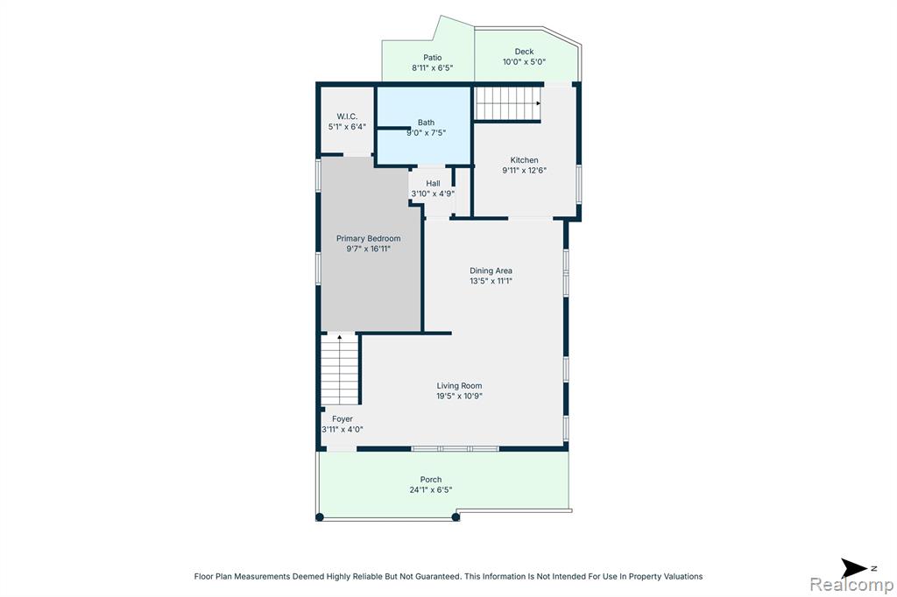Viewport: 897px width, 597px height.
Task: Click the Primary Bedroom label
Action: pos(369,238)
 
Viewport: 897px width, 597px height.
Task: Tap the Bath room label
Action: pos(427,123)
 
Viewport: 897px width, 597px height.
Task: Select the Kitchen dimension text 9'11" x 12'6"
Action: pos(525,171)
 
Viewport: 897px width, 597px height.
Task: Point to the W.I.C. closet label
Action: pos(347,116)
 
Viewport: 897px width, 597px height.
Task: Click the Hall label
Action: pos(433,184)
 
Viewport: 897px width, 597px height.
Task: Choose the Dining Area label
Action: pos(491,270)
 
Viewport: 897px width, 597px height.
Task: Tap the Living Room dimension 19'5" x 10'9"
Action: pos(459,396)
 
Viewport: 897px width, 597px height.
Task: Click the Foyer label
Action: pos(343,419)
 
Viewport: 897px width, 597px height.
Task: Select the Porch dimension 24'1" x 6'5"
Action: pos(431,489)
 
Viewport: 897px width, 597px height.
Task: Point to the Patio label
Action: pos(433,58)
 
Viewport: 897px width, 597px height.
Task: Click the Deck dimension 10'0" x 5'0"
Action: pos(524,62)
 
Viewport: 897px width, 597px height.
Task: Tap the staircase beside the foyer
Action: pos(339,369)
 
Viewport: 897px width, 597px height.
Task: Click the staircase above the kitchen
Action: pos(508,103)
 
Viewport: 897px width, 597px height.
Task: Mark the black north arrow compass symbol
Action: pos(855,568)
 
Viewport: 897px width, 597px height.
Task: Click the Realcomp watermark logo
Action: pos(851,585)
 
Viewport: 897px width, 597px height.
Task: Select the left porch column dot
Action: pos(320,517)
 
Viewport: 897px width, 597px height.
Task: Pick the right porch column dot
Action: pos(456,517)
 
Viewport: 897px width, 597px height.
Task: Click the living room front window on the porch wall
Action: pos(456,449)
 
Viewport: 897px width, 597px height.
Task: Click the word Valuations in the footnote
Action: pos(683,576)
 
